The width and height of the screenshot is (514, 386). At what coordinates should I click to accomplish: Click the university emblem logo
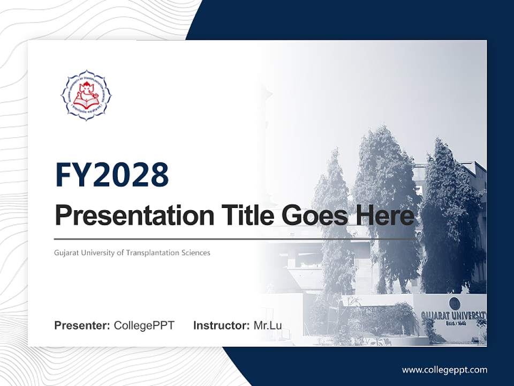coord(86,95)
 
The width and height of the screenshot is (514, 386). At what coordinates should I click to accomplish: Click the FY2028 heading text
coord(112,175)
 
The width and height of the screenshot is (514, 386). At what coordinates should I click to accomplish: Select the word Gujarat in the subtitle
coord(65,253)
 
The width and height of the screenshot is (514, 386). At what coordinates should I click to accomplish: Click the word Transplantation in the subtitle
coord(154,253)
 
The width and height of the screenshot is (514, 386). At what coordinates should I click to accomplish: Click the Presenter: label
coord(82,325)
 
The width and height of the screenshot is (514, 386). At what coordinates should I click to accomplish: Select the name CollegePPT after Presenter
coord(144,325)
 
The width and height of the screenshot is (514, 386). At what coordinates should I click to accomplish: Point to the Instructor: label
coord(221,325)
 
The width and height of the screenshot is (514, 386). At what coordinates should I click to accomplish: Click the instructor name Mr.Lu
coord(267,325)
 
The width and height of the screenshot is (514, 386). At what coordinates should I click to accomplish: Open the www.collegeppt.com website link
coord(444,370)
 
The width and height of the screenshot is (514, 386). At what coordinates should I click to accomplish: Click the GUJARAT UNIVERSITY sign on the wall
coord(453,315)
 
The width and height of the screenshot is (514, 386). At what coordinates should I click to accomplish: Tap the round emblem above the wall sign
coord(454,302)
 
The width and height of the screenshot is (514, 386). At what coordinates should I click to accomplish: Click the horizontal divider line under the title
coord(236,239)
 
